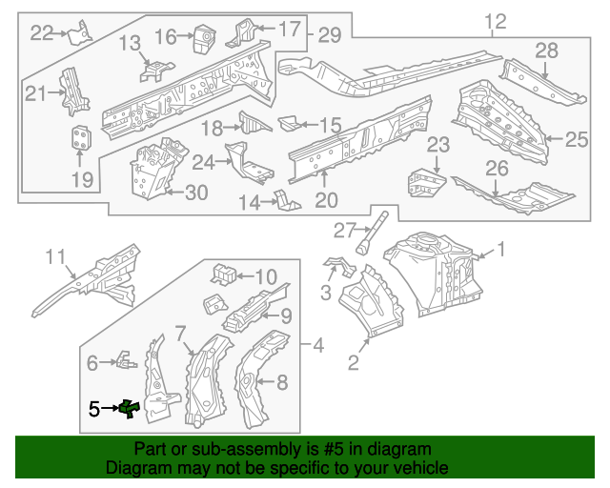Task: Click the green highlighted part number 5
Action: [128, 409]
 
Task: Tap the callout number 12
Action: [496, 22]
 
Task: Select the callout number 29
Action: [329, 35]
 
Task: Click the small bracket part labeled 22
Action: [81, 31]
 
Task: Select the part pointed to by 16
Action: [203, 38]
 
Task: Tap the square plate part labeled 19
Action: [82, 138]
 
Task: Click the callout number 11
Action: [56, 255]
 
